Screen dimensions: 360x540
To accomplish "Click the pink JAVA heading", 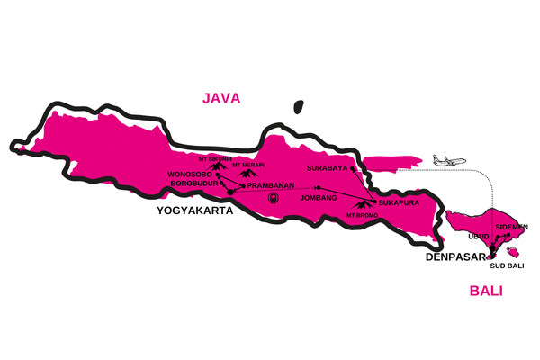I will click(x=221, y=98).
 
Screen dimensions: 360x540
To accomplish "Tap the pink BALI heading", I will click(x=486, y=292).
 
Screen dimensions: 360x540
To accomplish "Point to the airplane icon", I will click(x=449, y=159).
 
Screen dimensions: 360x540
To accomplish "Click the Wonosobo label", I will click(x=189, y=175).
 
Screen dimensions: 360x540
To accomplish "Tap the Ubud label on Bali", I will click(x=478, y=236).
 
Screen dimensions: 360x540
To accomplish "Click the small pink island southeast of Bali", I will click(x=514, y=251).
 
